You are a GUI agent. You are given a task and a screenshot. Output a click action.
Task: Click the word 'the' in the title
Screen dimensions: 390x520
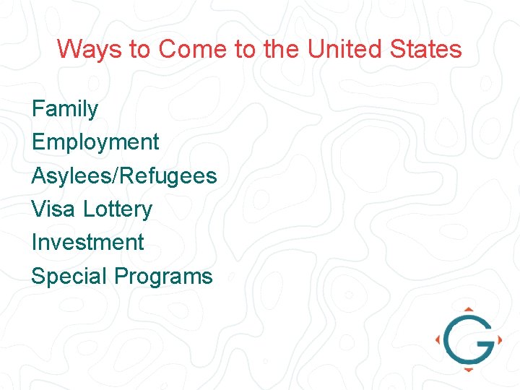[282, 49]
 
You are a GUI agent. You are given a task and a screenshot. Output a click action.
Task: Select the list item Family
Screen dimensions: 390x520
[65, 109]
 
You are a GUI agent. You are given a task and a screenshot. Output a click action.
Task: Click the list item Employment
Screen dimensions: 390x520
[95, 142]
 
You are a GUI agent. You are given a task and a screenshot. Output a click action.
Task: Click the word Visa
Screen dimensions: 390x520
[53, 209]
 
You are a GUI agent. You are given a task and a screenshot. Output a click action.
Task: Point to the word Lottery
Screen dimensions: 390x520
[117, 209]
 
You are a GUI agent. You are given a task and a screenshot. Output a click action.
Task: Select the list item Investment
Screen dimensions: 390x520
[88, 242]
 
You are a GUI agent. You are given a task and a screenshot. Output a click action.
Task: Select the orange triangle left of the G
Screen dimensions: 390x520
[438, 339]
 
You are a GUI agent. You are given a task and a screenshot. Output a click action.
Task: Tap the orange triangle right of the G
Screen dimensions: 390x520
[499, 339]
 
